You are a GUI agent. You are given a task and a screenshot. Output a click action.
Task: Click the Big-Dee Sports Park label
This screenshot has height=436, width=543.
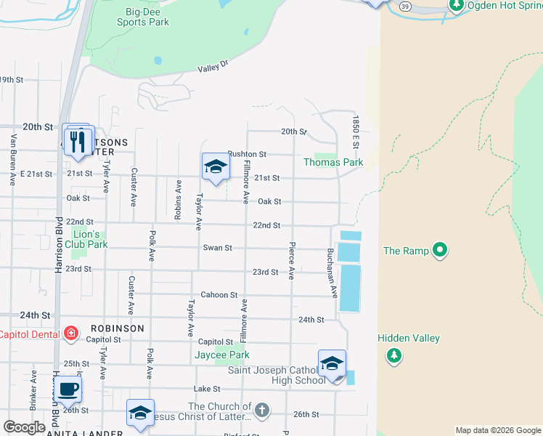[x=143, y=17]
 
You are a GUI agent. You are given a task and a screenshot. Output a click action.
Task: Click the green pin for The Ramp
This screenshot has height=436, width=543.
[x=439, y=251]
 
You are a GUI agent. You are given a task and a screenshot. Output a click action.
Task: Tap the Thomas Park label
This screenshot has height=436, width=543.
[x=333, y=162]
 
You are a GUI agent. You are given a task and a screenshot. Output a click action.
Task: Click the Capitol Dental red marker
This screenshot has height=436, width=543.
[x=71, y=334]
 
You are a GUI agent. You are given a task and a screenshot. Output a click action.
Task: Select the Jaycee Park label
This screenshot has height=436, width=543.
[x=222, y=355]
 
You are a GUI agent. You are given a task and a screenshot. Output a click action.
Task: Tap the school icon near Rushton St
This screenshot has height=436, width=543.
[x=216, y=167]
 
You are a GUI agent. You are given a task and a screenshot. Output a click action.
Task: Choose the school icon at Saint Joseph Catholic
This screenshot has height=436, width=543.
[x=332, y=363]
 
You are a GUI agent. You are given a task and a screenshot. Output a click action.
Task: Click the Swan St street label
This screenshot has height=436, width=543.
[x=217, y=248]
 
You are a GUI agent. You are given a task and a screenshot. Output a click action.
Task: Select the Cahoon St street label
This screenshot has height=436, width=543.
[x=219, y=295]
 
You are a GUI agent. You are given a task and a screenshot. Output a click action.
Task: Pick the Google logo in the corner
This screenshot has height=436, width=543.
[x=24, y=427]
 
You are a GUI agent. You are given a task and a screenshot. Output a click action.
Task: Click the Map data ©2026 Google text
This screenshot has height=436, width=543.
[x=497, y=430]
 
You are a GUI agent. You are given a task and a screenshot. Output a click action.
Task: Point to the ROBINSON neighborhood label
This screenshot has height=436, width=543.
[x=118, y=328]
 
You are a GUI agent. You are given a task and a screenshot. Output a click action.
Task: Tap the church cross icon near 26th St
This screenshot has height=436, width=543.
[x=261, y=411]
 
